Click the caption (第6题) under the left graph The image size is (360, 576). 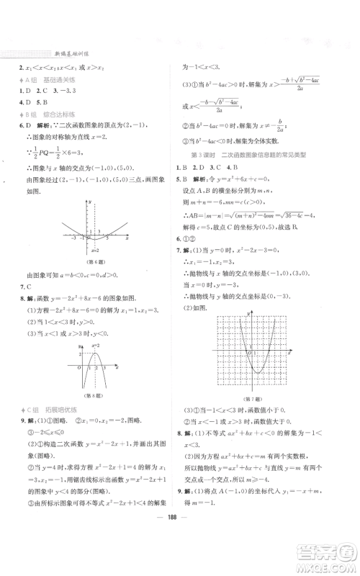click(92, 260)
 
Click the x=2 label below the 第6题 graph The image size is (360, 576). click(94, 249)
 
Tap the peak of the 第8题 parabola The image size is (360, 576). click(93, 355)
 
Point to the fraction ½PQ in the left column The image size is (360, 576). click(38, 164)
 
